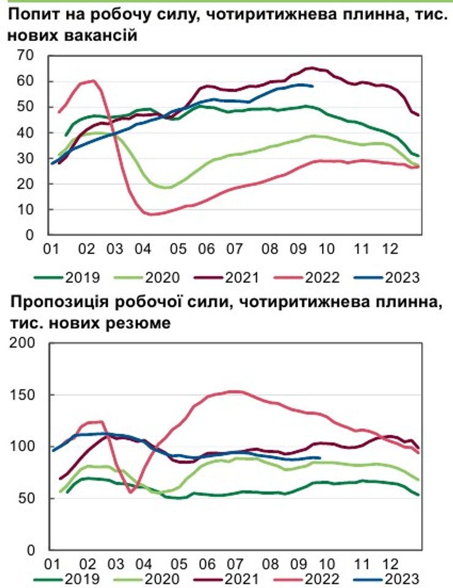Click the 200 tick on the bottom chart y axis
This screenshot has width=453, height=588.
[x=24, y=343]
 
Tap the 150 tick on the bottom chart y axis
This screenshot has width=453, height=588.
[x=24, y=395]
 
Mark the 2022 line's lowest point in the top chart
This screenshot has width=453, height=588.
[x=150, y=214]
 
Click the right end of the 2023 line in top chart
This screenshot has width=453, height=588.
[x=313, y=86]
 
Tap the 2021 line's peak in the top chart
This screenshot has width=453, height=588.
[x=310, y=68]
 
